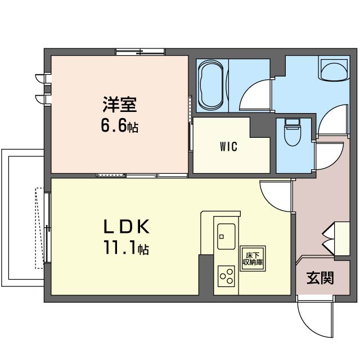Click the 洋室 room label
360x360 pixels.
[x=120, y=105]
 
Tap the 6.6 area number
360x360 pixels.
[x=114, y=126]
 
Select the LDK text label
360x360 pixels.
[x=127, y=227]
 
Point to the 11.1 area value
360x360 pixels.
[x=120, y=247]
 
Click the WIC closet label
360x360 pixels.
[x=228, y=146]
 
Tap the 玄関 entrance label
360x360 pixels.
[x=320, y=278]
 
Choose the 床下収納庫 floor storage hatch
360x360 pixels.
[x=253, y=259]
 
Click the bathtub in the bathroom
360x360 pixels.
[x=211, y=85]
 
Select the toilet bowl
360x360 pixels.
[x=292, y=132]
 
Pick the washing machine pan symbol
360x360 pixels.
[x=334, y=70]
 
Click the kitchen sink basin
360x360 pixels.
[x=226, y=236]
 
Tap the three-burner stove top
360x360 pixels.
[x=226, y=276]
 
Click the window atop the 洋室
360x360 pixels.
[x=140, y=52]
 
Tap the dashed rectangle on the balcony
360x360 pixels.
[x=39, y=228]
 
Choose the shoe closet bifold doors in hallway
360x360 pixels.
[x=328, y=239]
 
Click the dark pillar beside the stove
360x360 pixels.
[x=206, y=274]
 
